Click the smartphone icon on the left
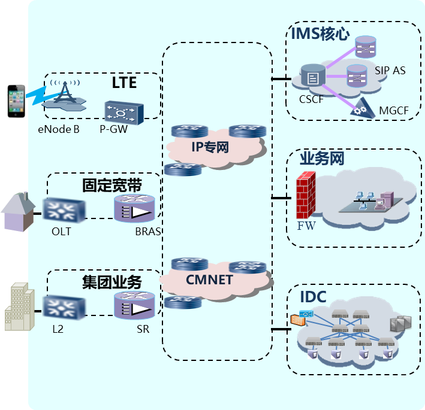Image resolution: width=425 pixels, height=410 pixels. [x=17, y=102]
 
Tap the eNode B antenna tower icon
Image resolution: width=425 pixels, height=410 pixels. [x=64, y=96]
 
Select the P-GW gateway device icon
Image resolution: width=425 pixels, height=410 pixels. [x=123, y=112]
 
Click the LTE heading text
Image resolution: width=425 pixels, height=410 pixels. [x=124, y=83]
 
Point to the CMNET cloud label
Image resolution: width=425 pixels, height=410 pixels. [x=209, y=280]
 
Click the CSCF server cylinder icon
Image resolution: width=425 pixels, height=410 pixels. [x=312, y=76]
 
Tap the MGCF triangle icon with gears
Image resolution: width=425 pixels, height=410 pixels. [x=361, y=108]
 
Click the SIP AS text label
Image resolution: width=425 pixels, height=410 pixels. [x=390, y=71]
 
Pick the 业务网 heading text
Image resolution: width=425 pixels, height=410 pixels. [x=322, y=159]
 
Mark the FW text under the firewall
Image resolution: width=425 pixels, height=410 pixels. [x=306, y=226]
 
